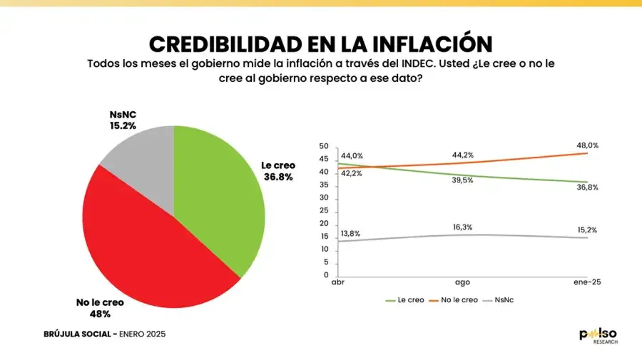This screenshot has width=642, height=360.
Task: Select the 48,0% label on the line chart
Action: click(588, 145)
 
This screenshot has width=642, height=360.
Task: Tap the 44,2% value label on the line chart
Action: click(464, 155)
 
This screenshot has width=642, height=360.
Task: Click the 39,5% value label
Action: click(464, 180)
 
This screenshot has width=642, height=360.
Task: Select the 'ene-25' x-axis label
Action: click(587, 282)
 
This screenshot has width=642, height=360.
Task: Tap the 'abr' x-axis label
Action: click(339, 282)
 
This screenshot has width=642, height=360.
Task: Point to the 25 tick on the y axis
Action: click(325, 211)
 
